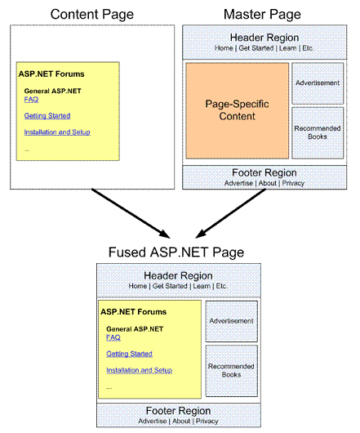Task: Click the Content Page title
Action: [92, 15]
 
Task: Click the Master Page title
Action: [262, 15]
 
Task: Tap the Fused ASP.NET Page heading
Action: [176, 252]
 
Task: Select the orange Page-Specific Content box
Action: [238, 110]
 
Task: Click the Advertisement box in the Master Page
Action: [318, 83]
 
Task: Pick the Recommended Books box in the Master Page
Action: [318, 133]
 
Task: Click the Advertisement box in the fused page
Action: [232, 321]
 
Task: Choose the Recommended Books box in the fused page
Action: [232, 371]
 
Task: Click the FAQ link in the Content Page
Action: [31, 100]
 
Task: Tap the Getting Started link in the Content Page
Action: [47, 116]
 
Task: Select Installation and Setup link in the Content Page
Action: [57, 132]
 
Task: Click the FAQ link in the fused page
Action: [113, 337]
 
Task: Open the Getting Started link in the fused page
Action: [129, 354]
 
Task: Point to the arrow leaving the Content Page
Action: [131, 213]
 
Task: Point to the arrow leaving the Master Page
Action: [231, 213]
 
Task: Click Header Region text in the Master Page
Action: [264, 38]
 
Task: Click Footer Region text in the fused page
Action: [178, 411]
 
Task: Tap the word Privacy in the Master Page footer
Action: [293, 183]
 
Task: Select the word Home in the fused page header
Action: [137, 286]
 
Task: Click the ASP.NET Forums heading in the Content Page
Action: [51, 74]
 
